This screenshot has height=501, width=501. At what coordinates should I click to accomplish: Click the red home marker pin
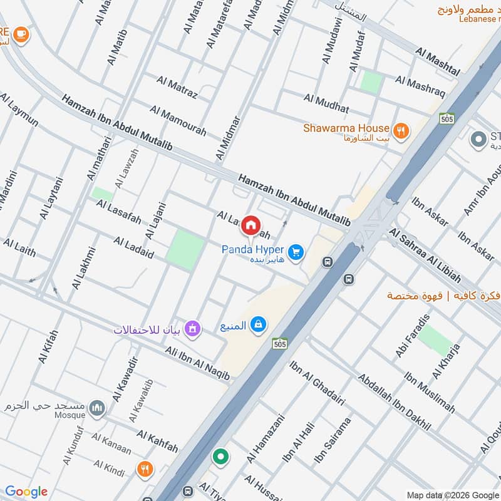251,225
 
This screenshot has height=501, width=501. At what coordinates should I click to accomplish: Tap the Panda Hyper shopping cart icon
297,252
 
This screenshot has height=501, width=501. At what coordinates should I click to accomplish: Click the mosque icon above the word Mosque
96,409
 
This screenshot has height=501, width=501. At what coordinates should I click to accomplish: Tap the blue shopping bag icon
257,324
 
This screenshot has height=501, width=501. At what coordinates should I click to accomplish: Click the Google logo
26,491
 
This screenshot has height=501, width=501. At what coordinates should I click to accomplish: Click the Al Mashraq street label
420,87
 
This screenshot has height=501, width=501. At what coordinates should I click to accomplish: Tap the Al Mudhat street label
326,102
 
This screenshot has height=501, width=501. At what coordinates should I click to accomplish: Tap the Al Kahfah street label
157,442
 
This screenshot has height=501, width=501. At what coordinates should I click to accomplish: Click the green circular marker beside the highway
220,457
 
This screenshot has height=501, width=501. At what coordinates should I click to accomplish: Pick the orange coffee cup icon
21,34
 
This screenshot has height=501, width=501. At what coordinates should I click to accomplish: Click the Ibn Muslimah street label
429,393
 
